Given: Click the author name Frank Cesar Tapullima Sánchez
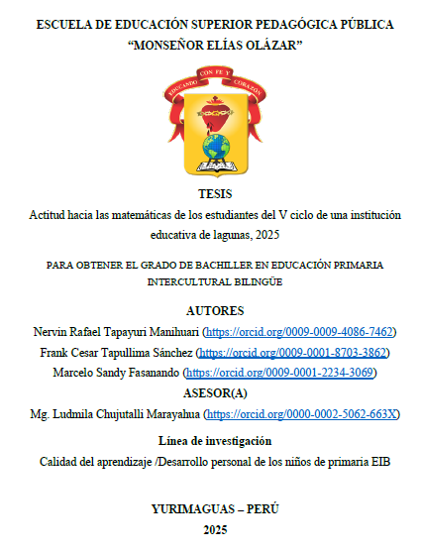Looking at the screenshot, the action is point(110,352).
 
